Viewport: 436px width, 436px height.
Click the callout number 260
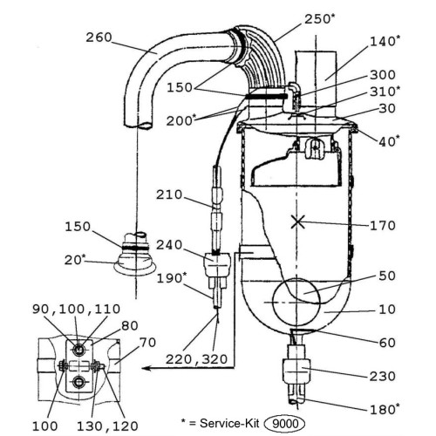click(99, 37)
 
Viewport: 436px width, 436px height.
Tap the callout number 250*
click(320, 19)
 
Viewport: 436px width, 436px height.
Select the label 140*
click(385, 41)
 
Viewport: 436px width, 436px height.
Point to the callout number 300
click(383, 75)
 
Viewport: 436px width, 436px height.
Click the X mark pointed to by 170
click(298, 221)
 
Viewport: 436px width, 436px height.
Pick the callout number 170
click(383, 226)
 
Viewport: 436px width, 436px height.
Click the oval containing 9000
click(284, 424)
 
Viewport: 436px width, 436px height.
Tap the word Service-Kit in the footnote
click(229, 423)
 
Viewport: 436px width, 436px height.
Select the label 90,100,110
click(76, 309)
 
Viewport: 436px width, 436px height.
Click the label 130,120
click(107, 426)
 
